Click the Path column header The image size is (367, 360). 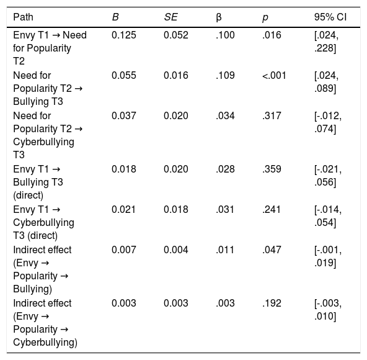coord(23,17)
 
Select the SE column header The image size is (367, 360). coord(171,17)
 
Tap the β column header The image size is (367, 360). coord(219,17)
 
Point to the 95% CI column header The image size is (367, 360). coord(330,17)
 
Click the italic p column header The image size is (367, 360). coord(265,18)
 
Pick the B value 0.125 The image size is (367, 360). coord(124,35)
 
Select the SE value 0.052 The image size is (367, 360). coord(176,35)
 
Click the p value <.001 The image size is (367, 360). coord(274,76)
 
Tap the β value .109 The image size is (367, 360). coord(225,76)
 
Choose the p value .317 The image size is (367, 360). coord(272,116)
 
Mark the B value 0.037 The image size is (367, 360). coord(124,116)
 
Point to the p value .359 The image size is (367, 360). coord(272,169)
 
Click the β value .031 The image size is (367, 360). coord(225,210)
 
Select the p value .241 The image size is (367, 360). coord(272,210)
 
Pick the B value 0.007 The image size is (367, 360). coord(124,250)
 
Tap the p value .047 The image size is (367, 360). coord(272,250)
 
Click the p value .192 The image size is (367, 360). coord(272,304)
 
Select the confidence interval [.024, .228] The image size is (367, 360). coord(326,42)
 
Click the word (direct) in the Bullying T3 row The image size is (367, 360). coord(29,196)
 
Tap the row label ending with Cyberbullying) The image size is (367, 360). coord(45,323)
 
